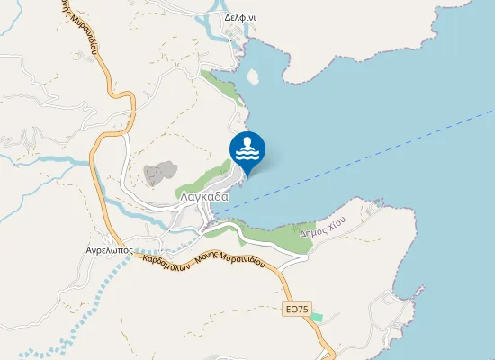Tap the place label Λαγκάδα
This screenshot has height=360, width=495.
tap(204, 196)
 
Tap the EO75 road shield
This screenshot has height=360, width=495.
tap(295, 309)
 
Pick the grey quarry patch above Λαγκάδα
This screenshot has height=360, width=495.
tap(160, 173)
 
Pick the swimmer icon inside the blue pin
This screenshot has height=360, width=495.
tap(247, 147)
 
